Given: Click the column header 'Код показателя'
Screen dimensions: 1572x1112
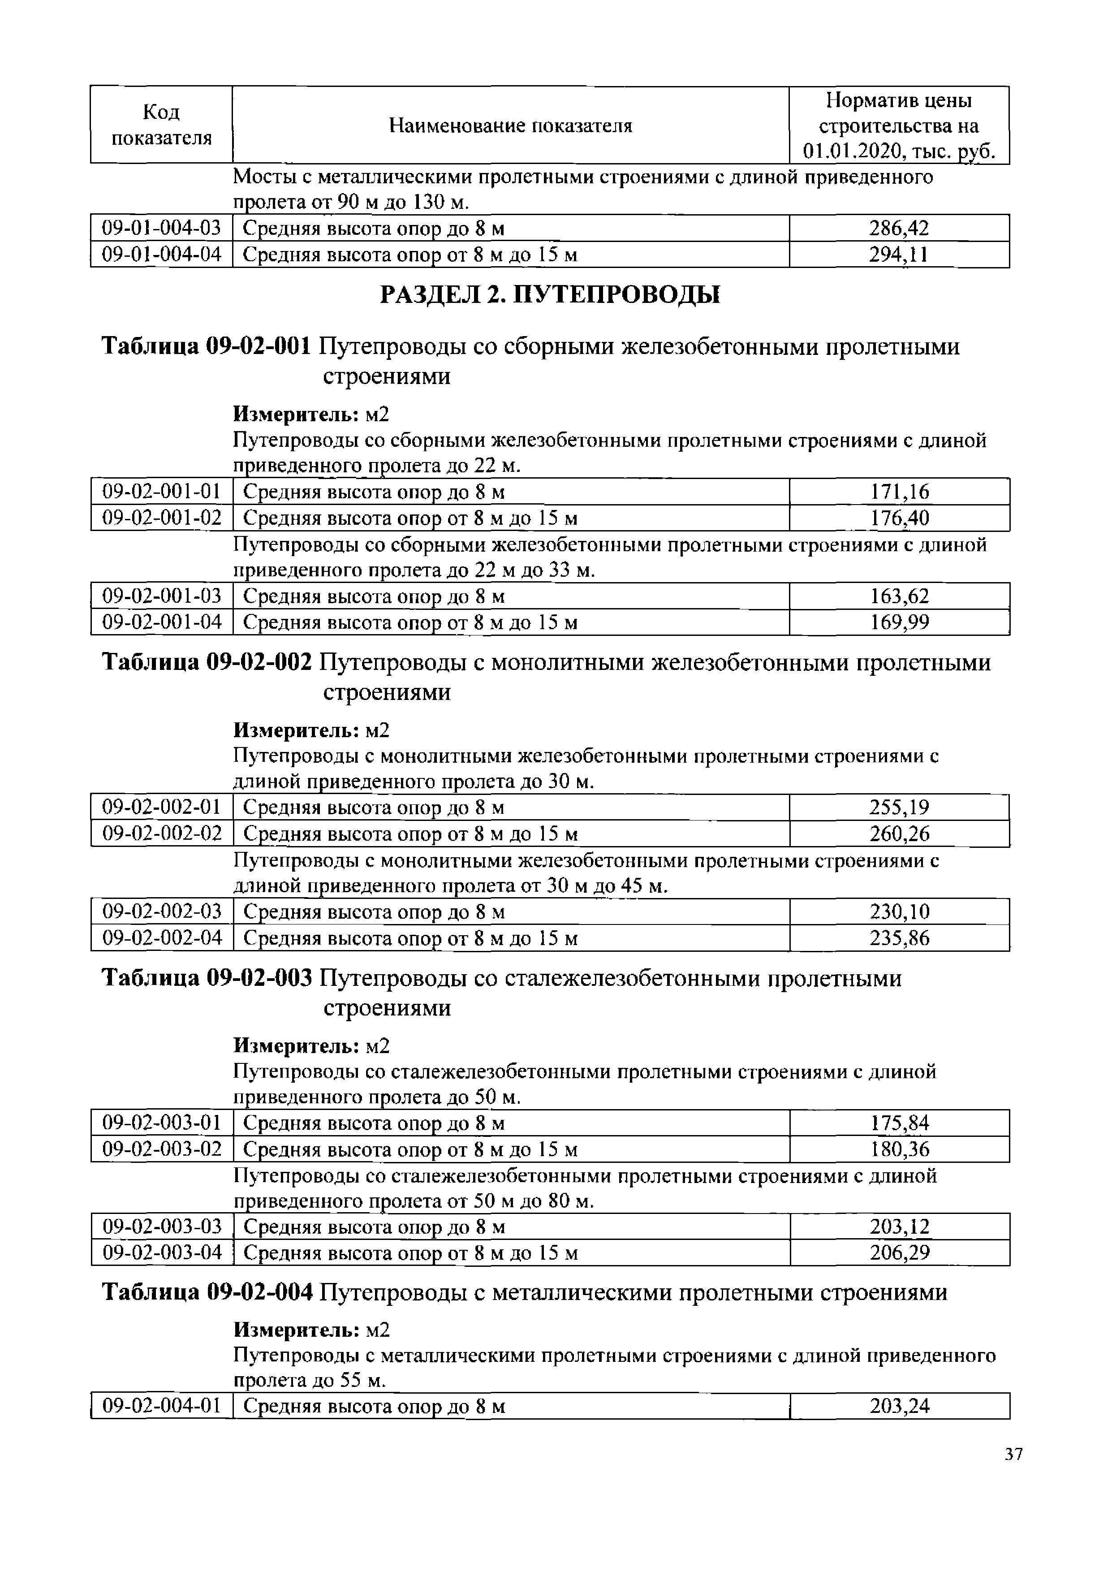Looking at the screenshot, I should point(162,125).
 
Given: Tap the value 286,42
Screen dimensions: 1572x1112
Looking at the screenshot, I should point(899,228).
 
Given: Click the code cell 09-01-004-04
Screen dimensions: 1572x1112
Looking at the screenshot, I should point(162,255).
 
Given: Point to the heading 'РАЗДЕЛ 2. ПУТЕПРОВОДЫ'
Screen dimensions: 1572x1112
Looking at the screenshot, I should point(550,295).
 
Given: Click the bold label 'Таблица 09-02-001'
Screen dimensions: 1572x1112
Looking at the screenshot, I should point(207,347).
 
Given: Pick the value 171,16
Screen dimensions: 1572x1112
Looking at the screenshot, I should point(899,492).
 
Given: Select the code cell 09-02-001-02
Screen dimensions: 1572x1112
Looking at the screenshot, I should point(162,518).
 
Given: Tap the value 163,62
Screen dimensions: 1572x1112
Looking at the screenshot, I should point(899,596).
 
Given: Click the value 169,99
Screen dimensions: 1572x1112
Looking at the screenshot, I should point(899,622).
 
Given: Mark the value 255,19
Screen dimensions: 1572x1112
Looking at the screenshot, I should point(899,808).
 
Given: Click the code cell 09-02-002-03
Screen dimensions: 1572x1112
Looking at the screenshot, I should point(162,912).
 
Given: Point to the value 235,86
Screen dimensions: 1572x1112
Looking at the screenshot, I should point(899,938).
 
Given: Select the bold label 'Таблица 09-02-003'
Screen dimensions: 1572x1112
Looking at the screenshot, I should point(207,979).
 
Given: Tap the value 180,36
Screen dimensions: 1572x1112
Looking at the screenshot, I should point(899,1149).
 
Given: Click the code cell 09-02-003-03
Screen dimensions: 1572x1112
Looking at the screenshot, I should point(162,1226).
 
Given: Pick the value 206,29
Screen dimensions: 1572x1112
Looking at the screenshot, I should point(899,1253).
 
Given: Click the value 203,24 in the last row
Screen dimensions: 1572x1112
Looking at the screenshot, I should point(899,1406).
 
